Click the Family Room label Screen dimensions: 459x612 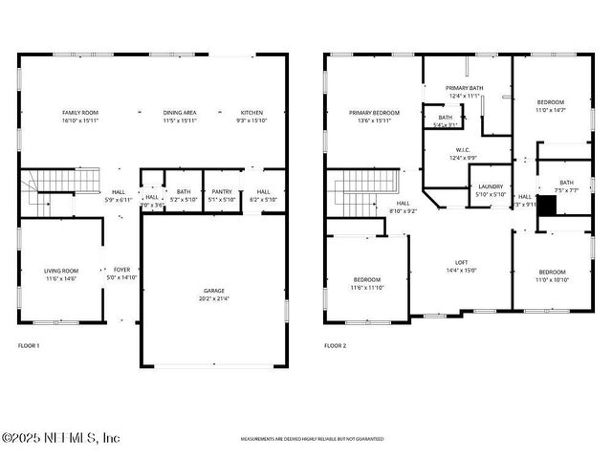pyautogui.click(x=80, y=117)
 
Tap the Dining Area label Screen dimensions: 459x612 pyautogui.click(x=180, y=117)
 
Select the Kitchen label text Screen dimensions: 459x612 pyautogui.click(x=251, y=117)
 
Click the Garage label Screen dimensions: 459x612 pyautogui.click(x=214, y=295)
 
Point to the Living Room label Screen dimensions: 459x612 pyautogui.click(x=61, y=274)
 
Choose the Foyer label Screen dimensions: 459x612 pyautogui.click(x=122, y=274)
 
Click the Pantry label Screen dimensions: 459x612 pyautogui.click(x=222, y=195)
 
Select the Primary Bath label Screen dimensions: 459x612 pyautogui.click(x=465, y=92)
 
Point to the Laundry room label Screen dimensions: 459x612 pyautogui.click(x=491, y=190)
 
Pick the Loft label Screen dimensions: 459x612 pyautogui.click(x=461, y=266)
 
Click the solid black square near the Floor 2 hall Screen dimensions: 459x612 pyautogui.click(x=546, y=205)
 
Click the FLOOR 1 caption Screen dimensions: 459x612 pyautogui.click(x=29, y=345)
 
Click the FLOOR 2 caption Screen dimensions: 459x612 pyautogui.click(x=335, y=345)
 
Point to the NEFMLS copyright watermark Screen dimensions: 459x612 pyautogui.click(x=60, y=438)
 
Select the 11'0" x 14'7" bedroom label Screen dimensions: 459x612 pyautogui.click(x=550, y=106)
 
